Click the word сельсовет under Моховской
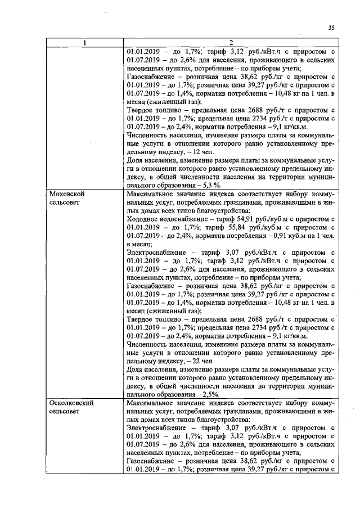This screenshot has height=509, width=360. coord(66,201)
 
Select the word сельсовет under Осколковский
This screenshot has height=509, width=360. coord(66,412)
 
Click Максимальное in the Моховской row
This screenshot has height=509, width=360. coord(154,192)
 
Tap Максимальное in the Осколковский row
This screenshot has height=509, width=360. coord(154,403)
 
